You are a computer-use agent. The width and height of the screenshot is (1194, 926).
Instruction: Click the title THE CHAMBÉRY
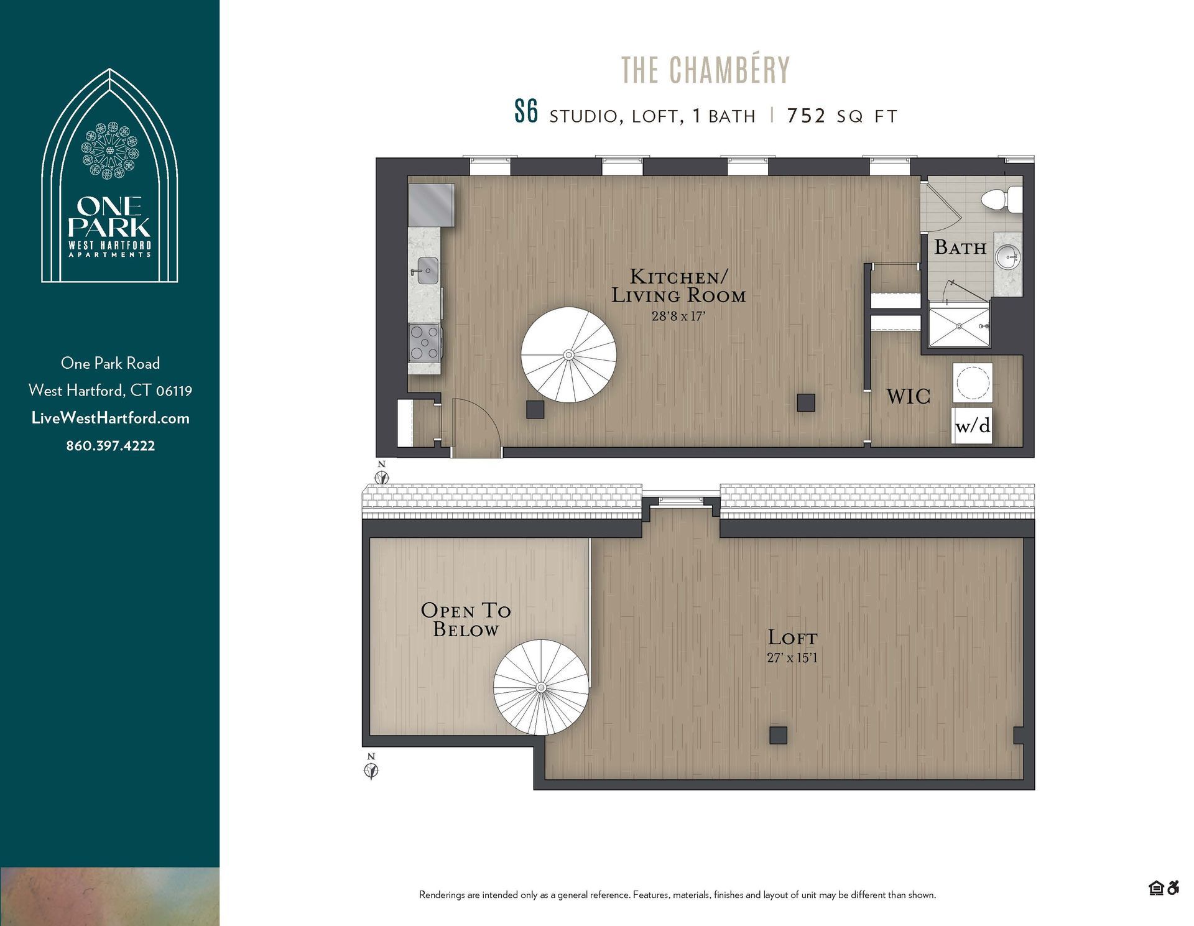click(x=705, y=70)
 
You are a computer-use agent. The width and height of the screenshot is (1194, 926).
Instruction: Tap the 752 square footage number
click(x=806, y=116)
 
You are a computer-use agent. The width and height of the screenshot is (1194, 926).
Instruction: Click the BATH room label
click(x=960, y=248)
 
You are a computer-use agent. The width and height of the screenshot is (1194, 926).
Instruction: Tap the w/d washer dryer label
click(x=972, y=426)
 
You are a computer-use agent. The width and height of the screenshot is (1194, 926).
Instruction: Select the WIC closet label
click(x=908, y=396)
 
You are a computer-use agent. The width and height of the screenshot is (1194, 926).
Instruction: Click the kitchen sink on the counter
click(x=427, y=271)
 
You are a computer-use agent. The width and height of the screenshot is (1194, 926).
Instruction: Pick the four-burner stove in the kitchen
click(x=424, y=343)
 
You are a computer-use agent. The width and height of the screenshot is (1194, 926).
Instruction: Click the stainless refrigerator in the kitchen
click(x=431, y=205)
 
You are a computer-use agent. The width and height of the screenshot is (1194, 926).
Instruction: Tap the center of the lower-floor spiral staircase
click(x=568, y=355)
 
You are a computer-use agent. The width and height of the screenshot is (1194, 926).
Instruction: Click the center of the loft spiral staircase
click(x=541, y=687)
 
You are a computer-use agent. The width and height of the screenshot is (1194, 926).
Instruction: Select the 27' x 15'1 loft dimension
click(x=792, y=657)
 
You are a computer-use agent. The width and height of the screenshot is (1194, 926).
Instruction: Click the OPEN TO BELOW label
click(x=466, y=619)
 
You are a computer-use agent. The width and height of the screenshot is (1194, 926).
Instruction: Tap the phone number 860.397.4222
click(x=110, y=445)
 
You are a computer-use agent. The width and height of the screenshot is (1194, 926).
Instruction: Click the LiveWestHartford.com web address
click(x=110, y=418)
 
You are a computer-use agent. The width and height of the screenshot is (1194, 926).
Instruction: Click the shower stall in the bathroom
click(x=959, y=325)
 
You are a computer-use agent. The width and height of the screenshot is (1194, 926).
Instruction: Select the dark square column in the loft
click(x=778, y=735)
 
